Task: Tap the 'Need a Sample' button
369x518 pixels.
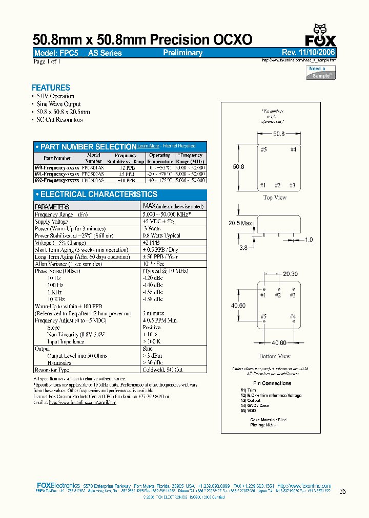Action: (321, 72)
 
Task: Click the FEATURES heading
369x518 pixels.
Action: (51, 88)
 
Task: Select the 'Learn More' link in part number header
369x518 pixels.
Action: (148, 146)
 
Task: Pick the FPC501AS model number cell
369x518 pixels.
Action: (94, 167)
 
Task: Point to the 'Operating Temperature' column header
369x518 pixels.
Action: (160, 158)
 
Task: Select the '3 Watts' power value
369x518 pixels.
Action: (152, 229)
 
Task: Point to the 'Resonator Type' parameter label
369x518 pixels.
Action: (52, 370)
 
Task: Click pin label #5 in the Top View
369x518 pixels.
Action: (263, 149)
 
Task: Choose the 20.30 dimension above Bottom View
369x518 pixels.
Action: (290, 274)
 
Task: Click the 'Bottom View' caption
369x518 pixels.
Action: (275, 356)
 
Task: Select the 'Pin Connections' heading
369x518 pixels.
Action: (272, 383)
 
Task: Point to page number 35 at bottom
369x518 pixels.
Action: (342, 491)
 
